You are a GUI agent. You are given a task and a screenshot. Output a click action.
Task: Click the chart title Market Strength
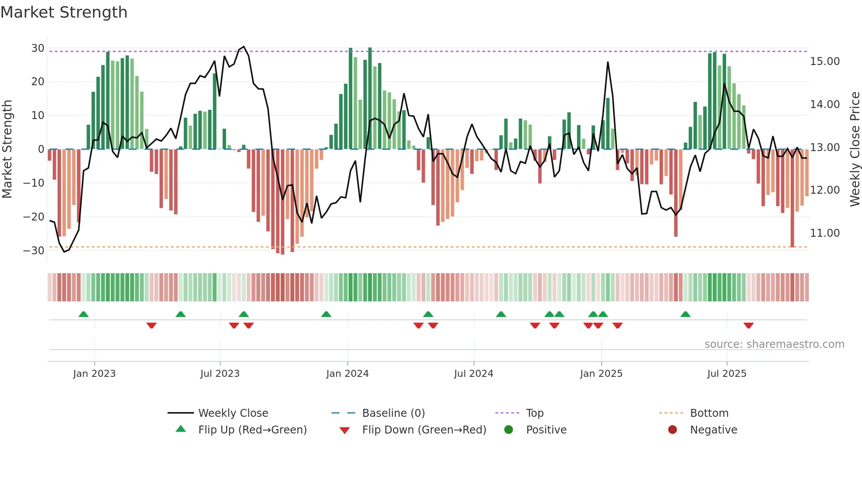click(x=64, y=12)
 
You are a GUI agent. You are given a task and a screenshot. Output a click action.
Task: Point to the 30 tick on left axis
click(x=38, y=48)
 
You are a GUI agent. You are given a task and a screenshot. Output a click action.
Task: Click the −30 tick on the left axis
click(x=34, y=251)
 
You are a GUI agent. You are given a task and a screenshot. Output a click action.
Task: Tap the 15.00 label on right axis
click(x=825, y=61)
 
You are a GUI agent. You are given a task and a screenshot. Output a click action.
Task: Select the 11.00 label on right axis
click(x=825, y=233)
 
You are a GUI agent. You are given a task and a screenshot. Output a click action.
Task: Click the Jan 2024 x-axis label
click(x=347, y=374)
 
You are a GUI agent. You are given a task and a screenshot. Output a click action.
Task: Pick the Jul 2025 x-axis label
click(x=727, y=374)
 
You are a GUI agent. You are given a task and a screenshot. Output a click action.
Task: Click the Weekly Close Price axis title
click(x=855, y=149)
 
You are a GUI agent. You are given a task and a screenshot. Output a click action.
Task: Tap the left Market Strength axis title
click(x=7, y=149)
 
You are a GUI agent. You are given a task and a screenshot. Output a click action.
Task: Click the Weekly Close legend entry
click(x=233, y=413)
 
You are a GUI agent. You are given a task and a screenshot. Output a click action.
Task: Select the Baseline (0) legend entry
click(x=393, y=413)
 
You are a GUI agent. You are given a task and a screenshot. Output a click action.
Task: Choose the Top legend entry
click(x=534, y=413)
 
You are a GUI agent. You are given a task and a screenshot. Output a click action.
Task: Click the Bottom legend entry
click(x=709, y=413)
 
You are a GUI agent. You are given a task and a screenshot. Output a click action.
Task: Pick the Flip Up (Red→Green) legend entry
click(x=252, y=430)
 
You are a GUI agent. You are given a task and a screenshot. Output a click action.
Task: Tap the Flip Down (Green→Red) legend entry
click(x=424, y=430)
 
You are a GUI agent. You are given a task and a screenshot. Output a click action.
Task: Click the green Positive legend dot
click(x=508, y=430)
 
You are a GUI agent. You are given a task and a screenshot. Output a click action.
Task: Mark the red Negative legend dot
click(x=672, y=430)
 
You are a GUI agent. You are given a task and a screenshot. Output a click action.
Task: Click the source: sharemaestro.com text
click(x=774, y=344)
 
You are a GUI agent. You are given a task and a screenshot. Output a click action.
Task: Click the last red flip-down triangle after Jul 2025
click(x=749, y=325)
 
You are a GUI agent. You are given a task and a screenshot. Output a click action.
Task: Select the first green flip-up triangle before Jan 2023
click(x=84, y=314)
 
